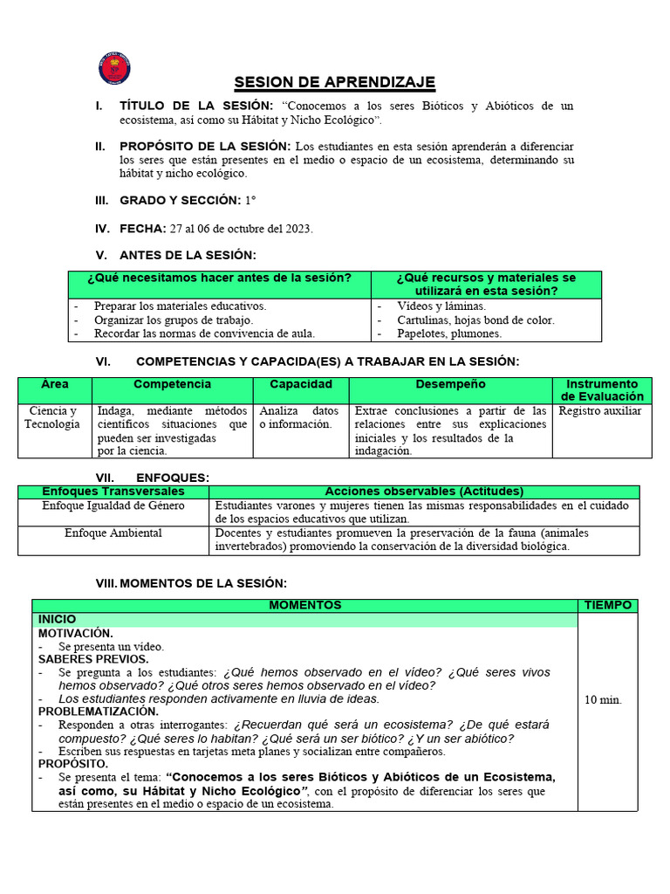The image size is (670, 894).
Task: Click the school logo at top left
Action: pyautogui.click(x=115, y=69)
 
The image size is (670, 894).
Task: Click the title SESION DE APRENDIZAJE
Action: pyautogui.click(x=334, y=83)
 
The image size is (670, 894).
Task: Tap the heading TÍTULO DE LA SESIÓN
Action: pyautogui.click(x=196, y=106)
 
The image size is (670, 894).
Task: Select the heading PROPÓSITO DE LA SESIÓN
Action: pyautogui.click(x=205, y=146)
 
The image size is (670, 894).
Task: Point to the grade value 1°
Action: pyautogui.click(x=250, y=201)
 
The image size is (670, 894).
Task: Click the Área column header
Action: pyautogui.click(x=54, y=384)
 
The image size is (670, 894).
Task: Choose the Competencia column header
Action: pyautogui.click(x=172, y=384)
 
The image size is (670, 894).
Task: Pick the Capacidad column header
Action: pyautogui.click(x=300, y=384)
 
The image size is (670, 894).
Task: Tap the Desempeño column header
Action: pyautogui.click(x=450, y=384)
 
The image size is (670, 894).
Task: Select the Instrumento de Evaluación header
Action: pyautogui.click(x=602, y=390)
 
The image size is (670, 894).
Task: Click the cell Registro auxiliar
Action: pyautogui.click(x=600, y=410)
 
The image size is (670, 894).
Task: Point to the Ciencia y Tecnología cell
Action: pyautogui.click(x=53, y=417)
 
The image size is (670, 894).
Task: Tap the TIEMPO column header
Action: pyautogui.click(x=608, y=605)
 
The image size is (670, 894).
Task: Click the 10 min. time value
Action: pyautogui.click(x=603, y=699)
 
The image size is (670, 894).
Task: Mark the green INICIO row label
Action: pyautogui.click(x=57, y=619)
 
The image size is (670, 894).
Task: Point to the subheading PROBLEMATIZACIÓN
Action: pyautogui.click(x=98, y=712)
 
